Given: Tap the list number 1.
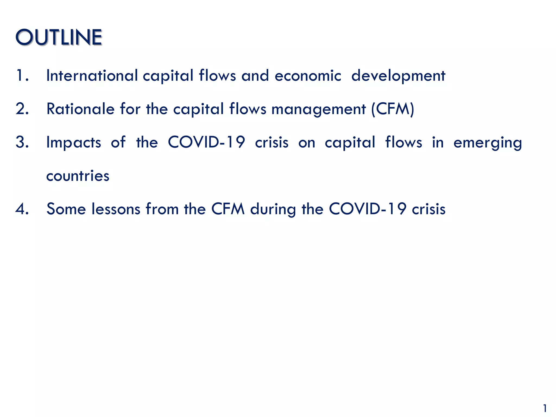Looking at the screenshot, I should click(x=22, y=75).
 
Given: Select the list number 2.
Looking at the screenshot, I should click(x=22, y=109).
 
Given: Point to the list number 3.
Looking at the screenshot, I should click(x=22, y=142).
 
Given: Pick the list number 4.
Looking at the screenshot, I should click(x=22, y=209).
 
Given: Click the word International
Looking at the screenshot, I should click(x=92, y=75).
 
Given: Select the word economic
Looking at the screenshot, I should click(x=308, y=75).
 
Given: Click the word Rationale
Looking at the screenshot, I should click(x=81, y=109).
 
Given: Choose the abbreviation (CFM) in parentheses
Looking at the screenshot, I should click(x=393, y=109).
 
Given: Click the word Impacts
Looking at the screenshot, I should click(x=74, y=143).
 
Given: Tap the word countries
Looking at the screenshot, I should click(x=78, y=176).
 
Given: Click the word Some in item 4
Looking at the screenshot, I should click(x=66, y=209).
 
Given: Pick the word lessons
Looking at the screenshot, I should click(x=116, y=209).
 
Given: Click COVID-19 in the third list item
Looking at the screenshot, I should click(x=206, y=142).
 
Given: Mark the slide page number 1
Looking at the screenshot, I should click(x=545, y=408).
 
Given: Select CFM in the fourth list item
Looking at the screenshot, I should click(x=228, y=209).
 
